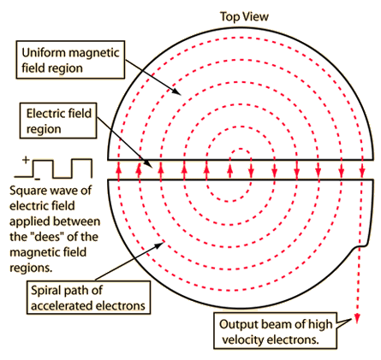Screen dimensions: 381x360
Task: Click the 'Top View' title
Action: point(244,16)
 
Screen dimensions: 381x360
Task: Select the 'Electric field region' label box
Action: point(58,121)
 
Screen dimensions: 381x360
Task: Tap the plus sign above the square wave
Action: point(26,159)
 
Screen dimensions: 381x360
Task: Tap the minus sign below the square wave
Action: point(37,179)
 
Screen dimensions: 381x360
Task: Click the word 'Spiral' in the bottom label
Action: point(45,291)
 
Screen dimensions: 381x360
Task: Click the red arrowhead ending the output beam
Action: point(357,319)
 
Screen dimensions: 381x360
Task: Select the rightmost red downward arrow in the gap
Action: point(362,170)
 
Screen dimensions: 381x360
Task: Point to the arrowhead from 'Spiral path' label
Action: point(160,245)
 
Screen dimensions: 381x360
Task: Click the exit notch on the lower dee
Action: point(360,245)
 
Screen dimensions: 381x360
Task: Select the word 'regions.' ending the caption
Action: point(31,268)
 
